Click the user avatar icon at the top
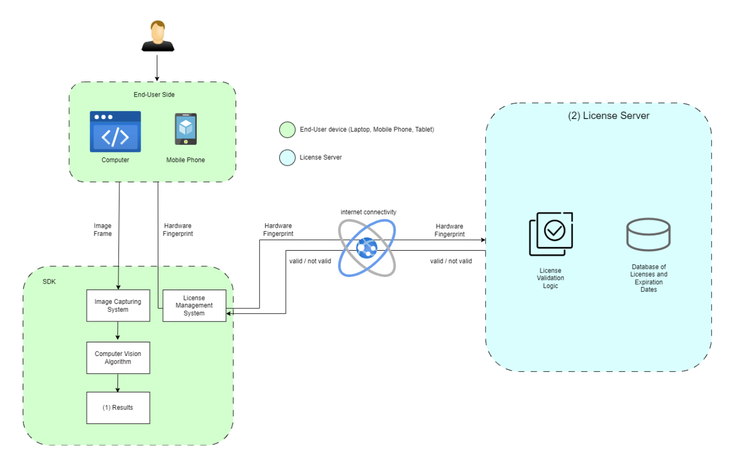pos(158,36)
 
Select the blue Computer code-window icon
pos(115,132)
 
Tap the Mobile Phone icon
pos(186,129)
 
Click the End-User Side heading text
pos(154,95)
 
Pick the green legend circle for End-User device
pos(287,130)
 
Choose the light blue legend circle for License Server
pos(287,157)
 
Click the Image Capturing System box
pos(118,305)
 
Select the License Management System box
pos(194,305)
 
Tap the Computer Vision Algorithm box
pos(118,358)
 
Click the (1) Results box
pos(118,408)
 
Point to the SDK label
pos(49,282)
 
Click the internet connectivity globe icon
pos(367,248)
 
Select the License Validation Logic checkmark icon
pos(551,233)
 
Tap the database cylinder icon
pos(648,234)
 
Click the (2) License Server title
pos(608,115)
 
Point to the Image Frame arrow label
pos(103,230)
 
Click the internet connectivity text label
pos(368,212)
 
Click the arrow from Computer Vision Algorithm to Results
pos(118,383)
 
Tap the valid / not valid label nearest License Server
pos(451,261)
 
